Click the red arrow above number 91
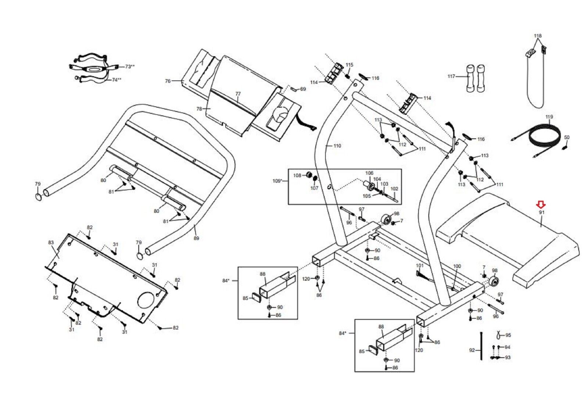click(x=541, y=204)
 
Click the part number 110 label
click(x=337, y=146)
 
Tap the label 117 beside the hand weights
click(x=451, y=76)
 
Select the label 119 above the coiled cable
click(x=549, y=117)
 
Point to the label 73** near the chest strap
click(x=129, y=67)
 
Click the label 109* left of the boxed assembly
click(x=277, y=181)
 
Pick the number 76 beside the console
click(x=168, y=81)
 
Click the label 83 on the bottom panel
click(x=51, y=242)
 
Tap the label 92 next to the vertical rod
click(x=472, y=350)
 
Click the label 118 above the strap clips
click(x=538, y=36)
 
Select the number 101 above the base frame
click(x=420, y=265)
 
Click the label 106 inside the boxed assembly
click(x=369, y=173)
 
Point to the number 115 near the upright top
click(x=349, y=65)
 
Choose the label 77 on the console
click(x=238, y=94)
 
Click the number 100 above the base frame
click(x=457, y=266)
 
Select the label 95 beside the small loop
click(x=508, y=335)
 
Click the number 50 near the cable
click(x=567, y=138)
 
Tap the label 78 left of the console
click(x=199, y=109)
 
